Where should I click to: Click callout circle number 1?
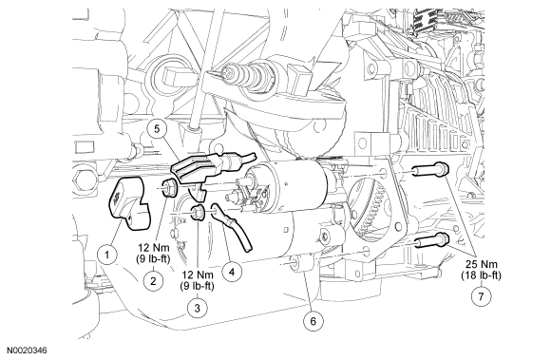tap(107, 255)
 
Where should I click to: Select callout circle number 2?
tap(153, 281)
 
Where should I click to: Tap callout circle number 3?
tap(198, 308)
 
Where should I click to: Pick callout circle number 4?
tap(232, 272)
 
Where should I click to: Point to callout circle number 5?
tap(157, 129)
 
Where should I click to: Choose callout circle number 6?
tap(313, 321)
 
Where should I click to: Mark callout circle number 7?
tap(481, 296)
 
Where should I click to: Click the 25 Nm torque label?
tap(481, 264)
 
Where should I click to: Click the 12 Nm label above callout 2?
tap(153, 248)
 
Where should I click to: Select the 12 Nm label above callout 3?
tap(198, 275)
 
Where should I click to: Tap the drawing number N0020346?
tap(28, 351)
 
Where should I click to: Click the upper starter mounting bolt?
tap(430, 169)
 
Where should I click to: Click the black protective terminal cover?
tap(129, 203)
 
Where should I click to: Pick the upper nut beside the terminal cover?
tap(170, 187)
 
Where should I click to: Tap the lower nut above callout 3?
tap(198, 212)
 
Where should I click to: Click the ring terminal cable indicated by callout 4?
tap(231, 226)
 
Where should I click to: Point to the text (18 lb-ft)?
tap(481, 275)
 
